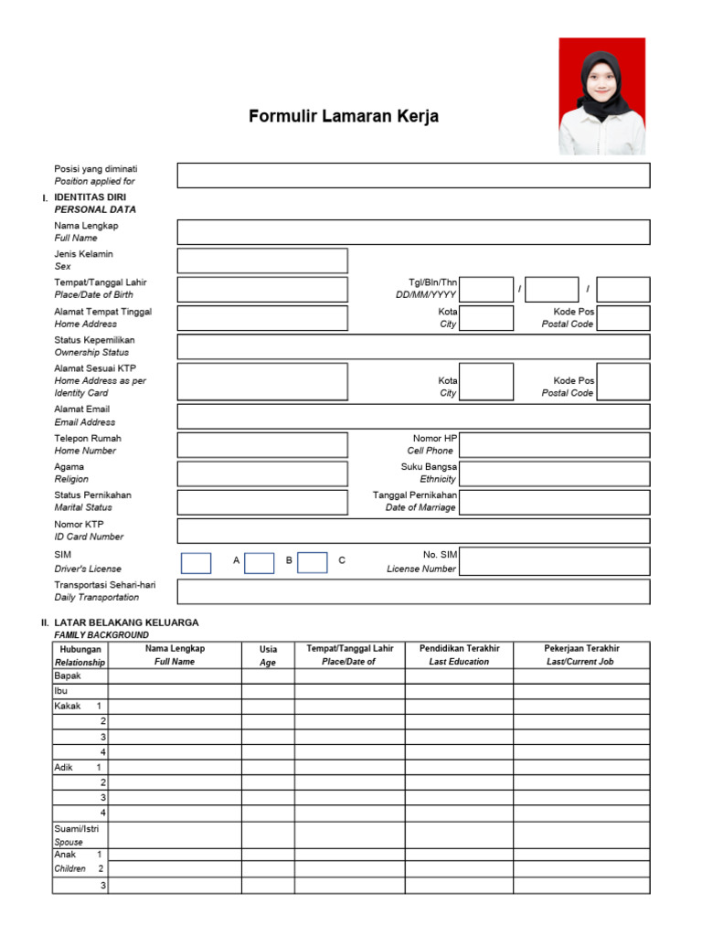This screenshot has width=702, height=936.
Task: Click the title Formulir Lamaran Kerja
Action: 344,117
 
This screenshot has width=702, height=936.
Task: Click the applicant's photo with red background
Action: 601,96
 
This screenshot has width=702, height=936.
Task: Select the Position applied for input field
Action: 413,175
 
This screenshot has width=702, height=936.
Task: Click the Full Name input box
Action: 413,232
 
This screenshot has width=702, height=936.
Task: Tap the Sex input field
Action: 262,261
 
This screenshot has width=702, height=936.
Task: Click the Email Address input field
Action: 413,417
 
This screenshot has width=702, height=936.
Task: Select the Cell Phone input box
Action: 555,445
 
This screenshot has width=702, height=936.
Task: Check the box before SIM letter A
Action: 196,563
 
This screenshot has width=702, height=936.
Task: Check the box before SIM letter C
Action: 312,563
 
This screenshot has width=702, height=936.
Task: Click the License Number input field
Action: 555,561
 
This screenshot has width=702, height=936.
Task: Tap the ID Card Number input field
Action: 413,531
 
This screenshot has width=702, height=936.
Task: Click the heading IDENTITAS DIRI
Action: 90,197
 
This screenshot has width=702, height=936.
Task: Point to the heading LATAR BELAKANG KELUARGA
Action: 126,622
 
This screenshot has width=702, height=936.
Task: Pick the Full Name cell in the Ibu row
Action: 175,692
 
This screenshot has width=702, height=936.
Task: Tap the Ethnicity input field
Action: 555,473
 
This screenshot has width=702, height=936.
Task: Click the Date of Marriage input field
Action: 555,502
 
